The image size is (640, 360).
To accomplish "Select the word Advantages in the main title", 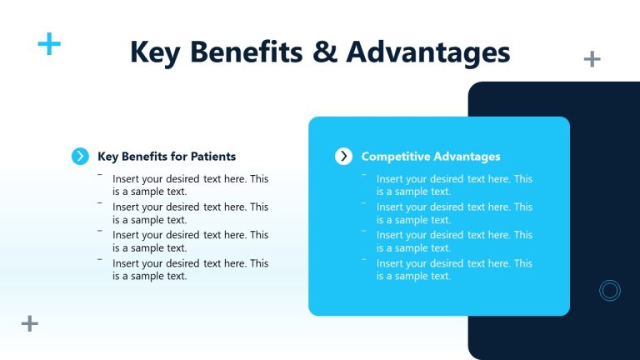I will tap(427, 52).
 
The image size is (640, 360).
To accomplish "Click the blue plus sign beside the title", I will tap(49, 44).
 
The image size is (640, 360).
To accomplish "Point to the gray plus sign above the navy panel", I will tap(592, 58).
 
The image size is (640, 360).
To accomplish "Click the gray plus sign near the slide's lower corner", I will tap(30, 323).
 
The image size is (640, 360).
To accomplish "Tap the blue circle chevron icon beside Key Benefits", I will tap(80, 156).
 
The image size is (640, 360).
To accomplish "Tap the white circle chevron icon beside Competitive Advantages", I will tap(343, 156).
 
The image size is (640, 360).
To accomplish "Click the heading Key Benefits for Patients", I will tap(167, 156).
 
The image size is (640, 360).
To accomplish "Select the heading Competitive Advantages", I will tap(430, 156).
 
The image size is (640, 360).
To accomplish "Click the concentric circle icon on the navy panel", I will tap(610, 290).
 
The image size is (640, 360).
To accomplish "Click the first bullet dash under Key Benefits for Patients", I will tap(100, 174).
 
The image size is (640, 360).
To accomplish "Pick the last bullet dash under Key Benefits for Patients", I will tap(100, 259).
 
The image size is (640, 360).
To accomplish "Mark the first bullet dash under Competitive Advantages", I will tap(363, 174).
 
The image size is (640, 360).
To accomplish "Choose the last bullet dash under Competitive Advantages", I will tap(363, 259).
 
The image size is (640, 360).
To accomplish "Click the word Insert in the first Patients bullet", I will tap(127, 179).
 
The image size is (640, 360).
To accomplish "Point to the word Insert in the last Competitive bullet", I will tap(390, 263).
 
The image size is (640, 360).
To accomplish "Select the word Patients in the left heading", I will tap(212, 156).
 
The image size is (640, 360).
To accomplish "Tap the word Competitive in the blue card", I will tap(394, 156).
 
